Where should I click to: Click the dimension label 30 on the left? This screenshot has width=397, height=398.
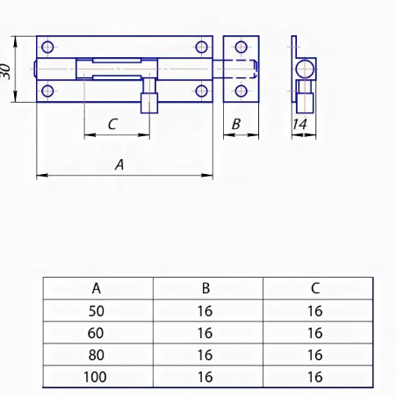5,71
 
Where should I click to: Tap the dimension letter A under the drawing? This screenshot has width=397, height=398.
119,164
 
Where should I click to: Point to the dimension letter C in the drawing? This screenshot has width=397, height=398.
112,124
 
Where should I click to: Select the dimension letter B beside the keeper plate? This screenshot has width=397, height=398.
236,124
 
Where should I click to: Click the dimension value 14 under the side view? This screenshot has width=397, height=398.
300,124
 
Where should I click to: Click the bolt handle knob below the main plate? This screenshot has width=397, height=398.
149,103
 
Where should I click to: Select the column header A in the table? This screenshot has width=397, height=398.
97,288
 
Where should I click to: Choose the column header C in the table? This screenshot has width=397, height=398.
315,288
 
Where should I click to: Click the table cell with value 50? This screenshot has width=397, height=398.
97,311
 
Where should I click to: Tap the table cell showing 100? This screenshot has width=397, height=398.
95,377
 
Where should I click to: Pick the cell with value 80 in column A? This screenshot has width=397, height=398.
96,355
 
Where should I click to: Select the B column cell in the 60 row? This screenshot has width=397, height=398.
205,333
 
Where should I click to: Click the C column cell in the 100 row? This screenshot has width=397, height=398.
315,377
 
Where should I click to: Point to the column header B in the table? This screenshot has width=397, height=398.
206,288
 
